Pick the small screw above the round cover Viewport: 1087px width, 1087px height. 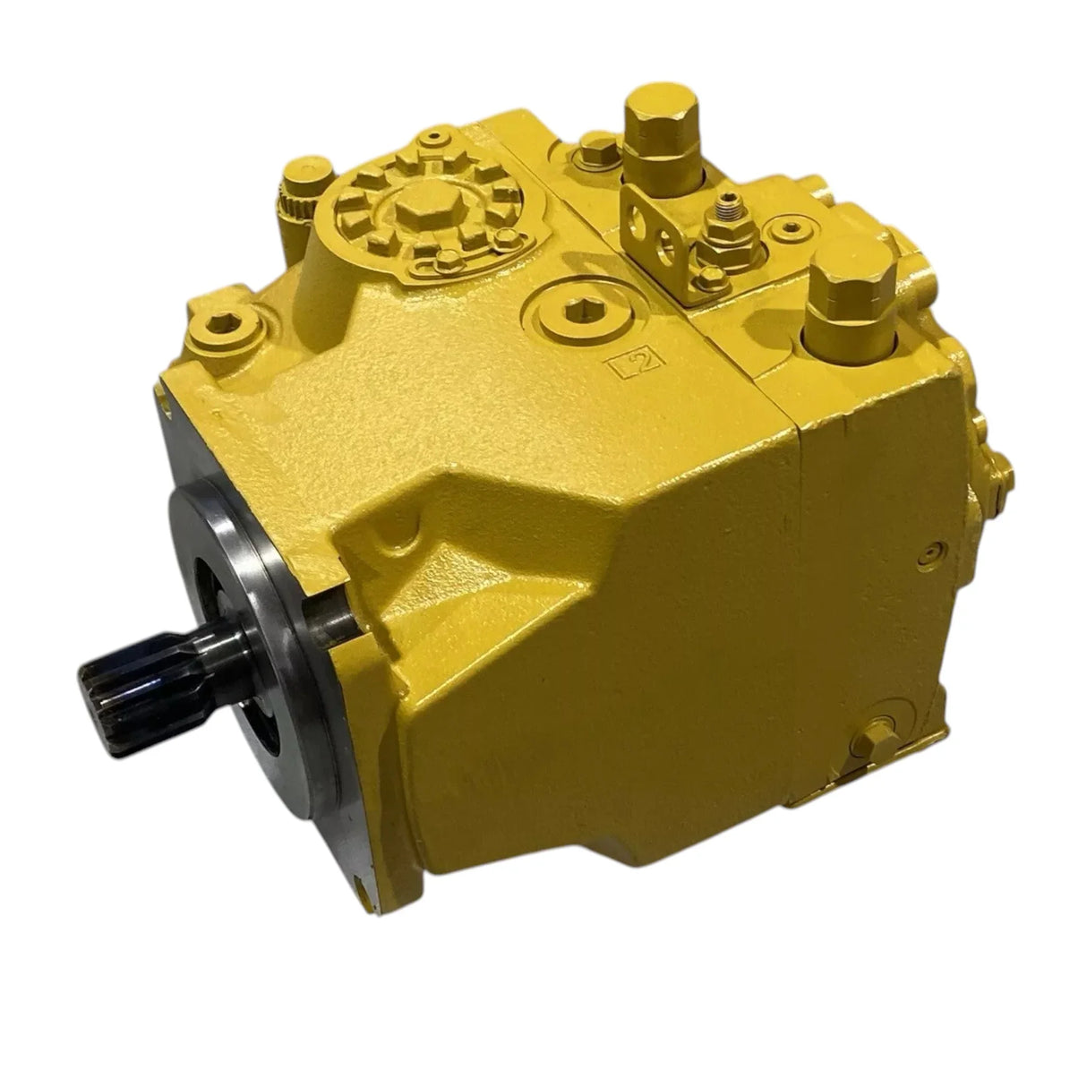click(x=436, y=134)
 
